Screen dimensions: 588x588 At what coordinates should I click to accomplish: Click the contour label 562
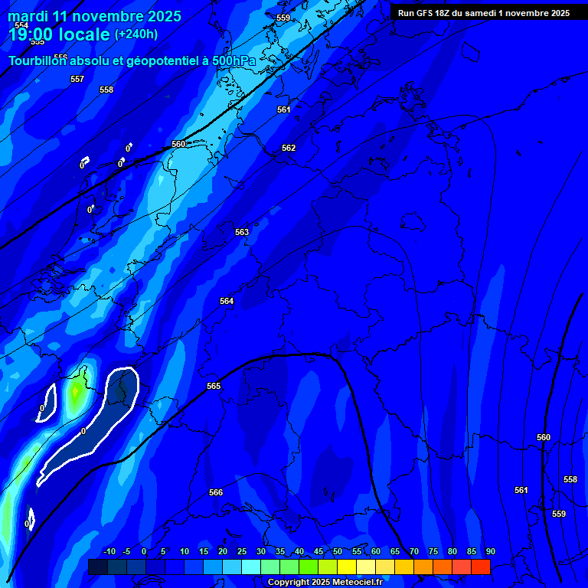[289, 148]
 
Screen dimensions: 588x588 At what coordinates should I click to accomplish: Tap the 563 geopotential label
[242, 232]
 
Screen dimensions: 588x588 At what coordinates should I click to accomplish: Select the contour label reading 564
[227, 302]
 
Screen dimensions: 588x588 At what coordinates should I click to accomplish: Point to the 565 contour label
[214, 387]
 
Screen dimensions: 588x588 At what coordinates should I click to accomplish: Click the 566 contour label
[216, 493]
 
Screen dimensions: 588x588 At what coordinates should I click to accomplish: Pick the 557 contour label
[77, 80]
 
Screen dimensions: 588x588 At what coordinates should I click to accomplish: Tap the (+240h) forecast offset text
[136, 34]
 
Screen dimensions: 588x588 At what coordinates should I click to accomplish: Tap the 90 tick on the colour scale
[490, 552]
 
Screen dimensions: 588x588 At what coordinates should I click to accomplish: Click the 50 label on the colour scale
[338, 552]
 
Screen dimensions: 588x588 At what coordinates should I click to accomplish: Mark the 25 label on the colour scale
[242, 552]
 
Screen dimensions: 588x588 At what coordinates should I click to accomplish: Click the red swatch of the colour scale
[481, 567]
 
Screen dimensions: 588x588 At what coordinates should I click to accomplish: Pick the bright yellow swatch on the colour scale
[347, 567]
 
